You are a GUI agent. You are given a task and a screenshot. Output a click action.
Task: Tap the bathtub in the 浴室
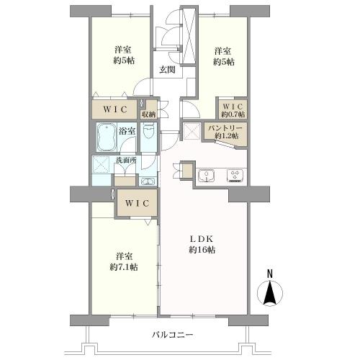point(107,135)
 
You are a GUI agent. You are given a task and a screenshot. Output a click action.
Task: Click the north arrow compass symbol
point(270,293)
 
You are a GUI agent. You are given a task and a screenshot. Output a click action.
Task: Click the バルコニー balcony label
point(172,334)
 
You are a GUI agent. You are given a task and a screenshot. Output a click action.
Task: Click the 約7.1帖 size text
point(122,267)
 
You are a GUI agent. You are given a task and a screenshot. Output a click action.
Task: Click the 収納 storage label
point(149,114)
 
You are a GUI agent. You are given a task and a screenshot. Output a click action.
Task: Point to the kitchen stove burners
point(235,175)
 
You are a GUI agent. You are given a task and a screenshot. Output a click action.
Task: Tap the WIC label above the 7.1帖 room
point(137,204)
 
